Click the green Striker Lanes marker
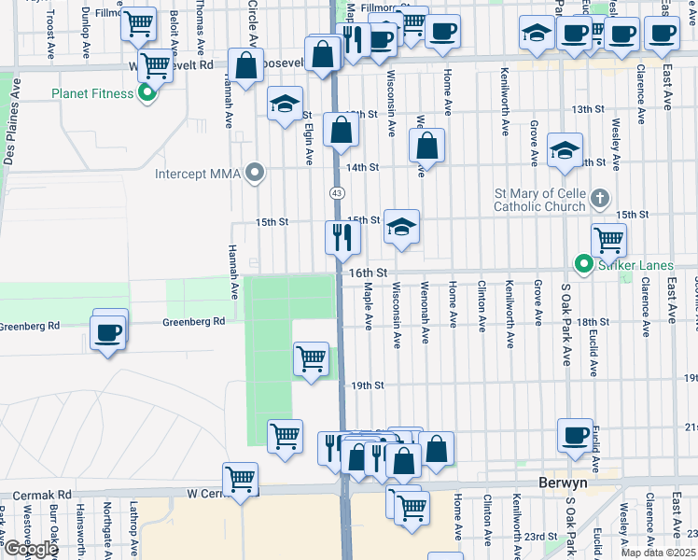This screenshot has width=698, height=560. pos(584,266)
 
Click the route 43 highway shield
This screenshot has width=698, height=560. pos(334,191)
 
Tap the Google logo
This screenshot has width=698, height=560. pos(30,549)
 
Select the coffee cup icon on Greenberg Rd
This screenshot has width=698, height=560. pos(106,332)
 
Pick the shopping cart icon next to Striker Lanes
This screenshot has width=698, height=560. pos(608,239)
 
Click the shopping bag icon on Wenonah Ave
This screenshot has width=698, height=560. pos(426,146)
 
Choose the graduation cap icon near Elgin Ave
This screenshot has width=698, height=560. pos(285,104)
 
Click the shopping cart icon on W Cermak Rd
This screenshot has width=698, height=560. pos(241,479)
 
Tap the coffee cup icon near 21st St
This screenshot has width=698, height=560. pos(575,435)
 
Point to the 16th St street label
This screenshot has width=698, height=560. pos(368,273)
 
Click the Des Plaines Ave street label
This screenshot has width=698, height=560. pos(11,121)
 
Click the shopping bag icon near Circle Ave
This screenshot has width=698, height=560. pos(246,67)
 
